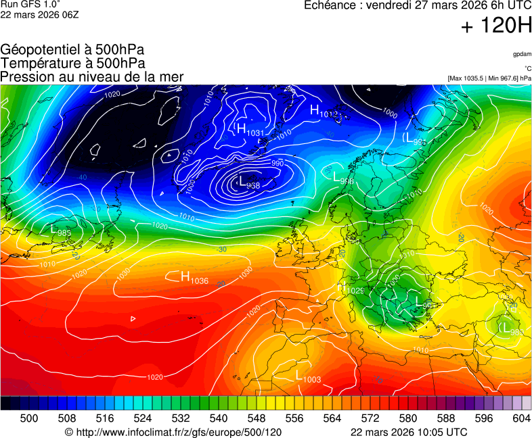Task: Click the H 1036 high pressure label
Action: click(x=194, y=277)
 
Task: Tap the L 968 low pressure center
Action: click(x=249, y=182)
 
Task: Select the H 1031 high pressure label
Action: click(x=248, y=129)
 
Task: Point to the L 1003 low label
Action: click(x=307, y=376)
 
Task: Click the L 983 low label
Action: click(x=61, y=231)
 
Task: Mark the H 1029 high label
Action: click(x=352, y=289)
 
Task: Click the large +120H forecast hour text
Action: click(x=495, y=26)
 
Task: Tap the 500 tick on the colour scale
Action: click(x=29, y=419)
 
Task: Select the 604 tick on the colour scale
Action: click(x=521, y=419)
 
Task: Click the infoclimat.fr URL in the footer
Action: click(x=173, y=432)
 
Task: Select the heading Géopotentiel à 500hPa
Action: click(x=72, y=50)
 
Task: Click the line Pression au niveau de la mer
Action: click(x=92, y=77)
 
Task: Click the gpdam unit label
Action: click(x=521, y=54)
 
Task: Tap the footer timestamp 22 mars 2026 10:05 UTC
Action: click(x=408, y=432)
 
